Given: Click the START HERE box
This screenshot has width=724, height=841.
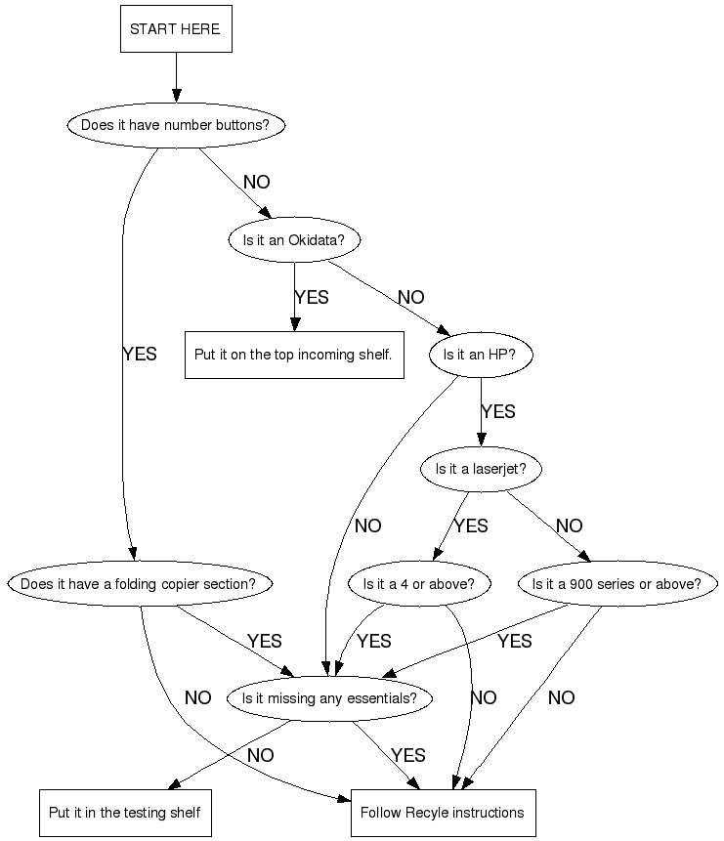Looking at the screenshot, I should (176, 29).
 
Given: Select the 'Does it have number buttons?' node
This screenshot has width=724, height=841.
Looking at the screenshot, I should (176, 125).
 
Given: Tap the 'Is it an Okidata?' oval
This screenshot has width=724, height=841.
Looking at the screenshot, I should (293, 239).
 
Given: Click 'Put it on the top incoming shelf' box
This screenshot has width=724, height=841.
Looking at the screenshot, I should (293, 355).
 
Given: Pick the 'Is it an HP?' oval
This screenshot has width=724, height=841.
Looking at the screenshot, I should (480, 355).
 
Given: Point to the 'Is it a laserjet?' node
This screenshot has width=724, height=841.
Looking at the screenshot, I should (480, 469).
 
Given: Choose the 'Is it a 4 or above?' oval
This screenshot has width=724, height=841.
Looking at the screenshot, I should (418, 584).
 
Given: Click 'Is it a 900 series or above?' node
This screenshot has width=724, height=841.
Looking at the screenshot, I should (616, 584).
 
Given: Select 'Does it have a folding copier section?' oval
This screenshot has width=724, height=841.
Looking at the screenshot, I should (138, 584).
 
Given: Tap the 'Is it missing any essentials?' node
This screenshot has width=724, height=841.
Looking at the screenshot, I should (329, 698).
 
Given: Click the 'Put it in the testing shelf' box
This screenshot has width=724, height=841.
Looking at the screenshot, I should (125, 813).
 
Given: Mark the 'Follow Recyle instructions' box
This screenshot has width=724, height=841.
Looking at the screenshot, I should (443, 813).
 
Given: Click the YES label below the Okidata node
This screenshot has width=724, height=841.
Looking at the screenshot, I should (312, 297).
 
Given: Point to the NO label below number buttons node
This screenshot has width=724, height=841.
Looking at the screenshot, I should (256, 183).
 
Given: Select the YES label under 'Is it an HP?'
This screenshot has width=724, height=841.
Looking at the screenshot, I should (498, 412).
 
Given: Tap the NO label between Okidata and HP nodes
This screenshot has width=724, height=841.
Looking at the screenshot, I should (411, 297).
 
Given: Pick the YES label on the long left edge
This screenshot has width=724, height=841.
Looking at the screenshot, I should (140, 355).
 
